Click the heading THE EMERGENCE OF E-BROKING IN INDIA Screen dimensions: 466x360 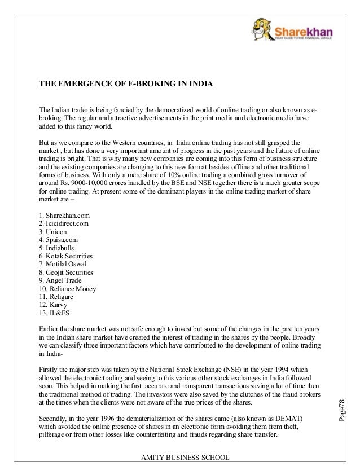tap(126, 85)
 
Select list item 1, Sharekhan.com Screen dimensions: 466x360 tap(64, 216)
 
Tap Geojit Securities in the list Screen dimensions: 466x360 tap(66, 272)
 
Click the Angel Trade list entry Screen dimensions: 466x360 tap(60, 280)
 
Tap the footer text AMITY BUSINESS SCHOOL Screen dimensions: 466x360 tap(179, 456)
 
